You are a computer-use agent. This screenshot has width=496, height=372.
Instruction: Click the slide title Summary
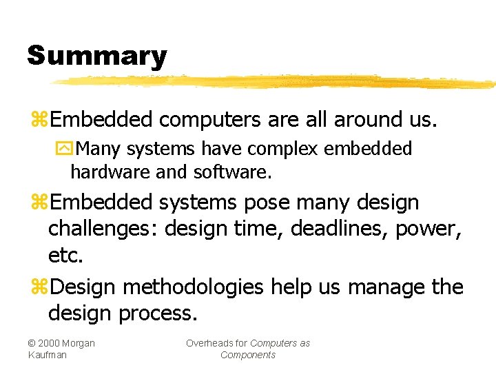(x=96, y=56)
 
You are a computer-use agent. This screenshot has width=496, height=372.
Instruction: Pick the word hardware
(x=110, y=172)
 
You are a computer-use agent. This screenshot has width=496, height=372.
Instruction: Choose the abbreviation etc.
(x=65, y=256)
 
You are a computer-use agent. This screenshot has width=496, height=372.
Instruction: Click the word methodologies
(x=186, y=287)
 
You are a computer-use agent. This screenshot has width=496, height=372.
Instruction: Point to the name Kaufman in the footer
(x=48, y=355)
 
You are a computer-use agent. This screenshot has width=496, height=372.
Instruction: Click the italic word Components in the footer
(x=248, y=355)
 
